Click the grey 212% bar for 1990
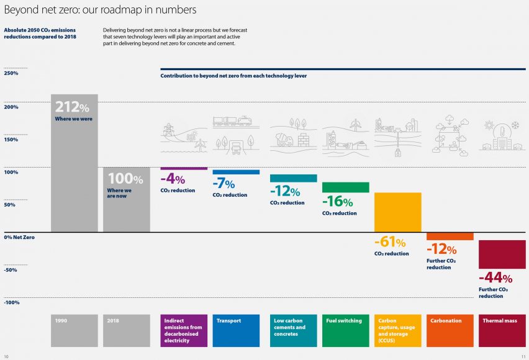(x=75, y=163)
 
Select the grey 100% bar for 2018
(x=127, y=200)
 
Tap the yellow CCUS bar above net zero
(x=398, y=212)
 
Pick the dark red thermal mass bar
(x=502, y=254)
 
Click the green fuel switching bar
(x=345, y=187)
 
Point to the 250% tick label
(x=11, y=73)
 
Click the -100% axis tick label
(x=12, y=302)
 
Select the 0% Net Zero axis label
(x=19, y=237)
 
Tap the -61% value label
(x=390, y=242)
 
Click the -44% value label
(x=495, y=277)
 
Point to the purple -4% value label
(x=173, y=179)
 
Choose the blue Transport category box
(x=236, y=331)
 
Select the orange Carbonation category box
(x=450, y=331)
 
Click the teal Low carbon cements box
(x=294, y=331)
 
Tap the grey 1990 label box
(x=75, y=331)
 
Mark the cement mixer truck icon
(x=285, y=139)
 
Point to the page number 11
(x=523, y=356)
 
